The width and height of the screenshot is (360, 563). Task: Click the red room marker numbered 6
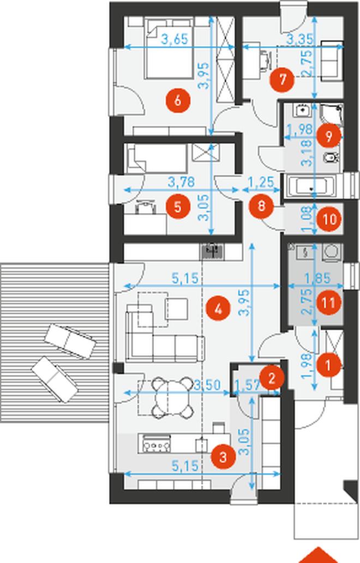pos(177,101)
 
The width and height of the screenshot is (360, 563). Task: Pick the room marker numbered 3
pos(223,457)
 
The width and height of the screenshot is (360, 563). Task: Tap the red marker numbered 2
pos(272,378)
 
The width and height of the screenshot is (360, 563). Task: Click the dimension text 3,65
pos(175,39)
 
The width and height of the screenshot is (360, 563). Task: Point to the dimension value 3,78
pos(182,181)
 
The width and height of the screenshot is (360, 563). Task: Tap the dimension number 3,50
pos(207,385)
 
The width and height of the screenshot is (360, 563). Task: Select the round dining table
pos(172,397)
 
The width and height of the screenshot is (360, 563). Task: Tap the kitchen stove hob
pos(157,444)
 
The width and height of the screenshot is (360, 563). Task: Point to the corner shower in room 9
pos(331,116)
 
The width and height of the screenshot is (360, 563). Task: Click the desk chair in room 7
pos(265,59)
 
